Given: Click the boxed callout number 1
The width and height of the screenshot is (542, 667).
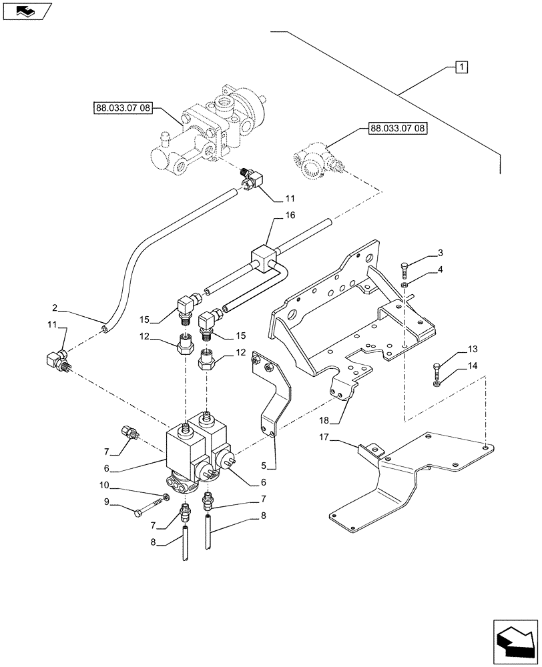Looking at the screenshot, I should tap(461, 67).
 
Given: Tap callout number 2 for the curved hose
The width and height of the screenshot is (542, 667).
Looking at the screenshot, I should tap(54, 307).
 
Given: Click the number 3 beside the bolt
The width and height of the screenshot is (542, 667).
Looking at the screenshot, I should tap(440, 253).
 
